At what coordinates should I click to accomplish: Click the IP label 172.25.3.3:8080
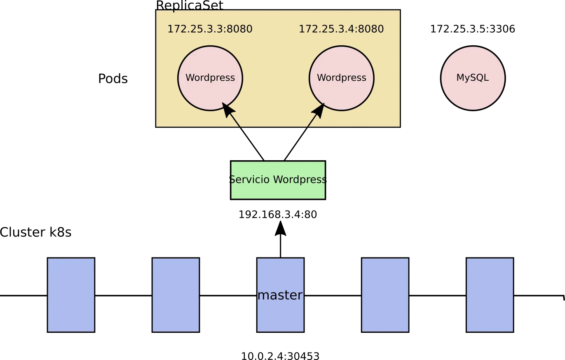coord(210,29)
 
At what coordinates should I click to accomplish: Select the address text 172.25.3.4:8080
coord(341,29)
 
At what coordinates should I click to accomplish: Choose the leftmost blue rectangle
coord(71,295)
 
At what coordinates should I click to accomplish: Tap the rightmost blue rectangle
coord(490,295)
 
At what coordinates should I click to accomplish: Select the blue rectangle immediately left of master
coord(176,295)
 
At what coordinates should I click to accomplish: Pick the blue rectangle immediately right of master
coord(385,295)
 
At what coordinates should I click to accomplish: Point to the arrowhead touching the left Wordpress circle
coord(228,109)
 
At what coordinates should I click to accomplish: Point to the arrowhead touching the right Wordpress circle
coord(319,109)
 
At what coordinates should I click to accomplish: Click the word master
coord(280,295)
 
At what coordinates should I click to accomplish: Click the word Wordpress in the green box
coord(299,180)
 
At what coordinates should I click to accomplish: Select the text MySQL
coord(473,78)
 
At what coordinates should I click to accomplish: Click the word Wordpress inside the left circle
coord(210,78)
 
